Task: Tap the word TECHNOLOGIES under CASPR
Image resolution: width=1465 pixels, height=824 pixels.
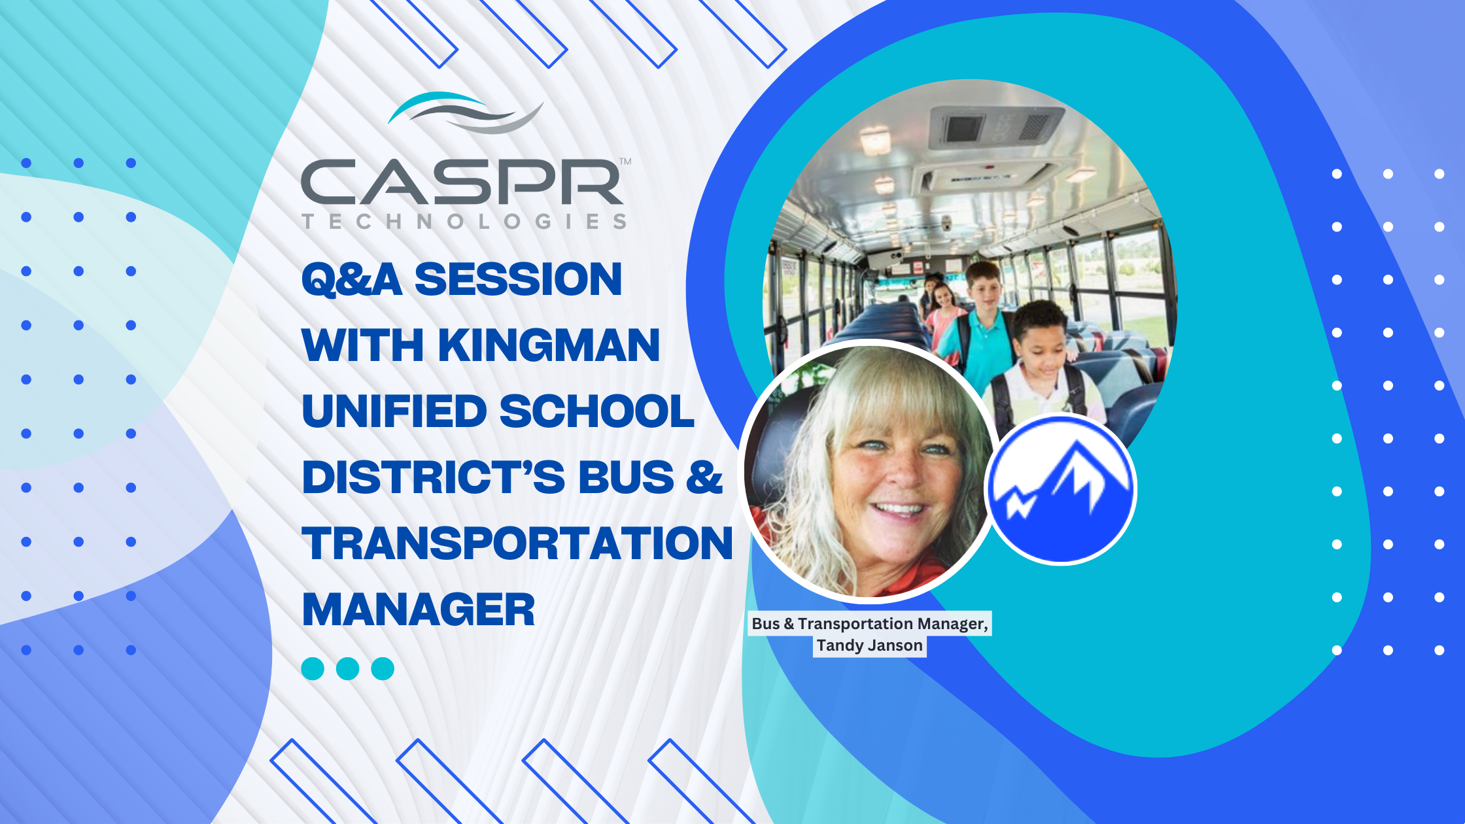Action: click(x=464, y=222)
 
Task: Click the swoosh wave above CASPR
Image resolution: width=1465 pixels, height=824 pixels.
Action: click(x=466, y=112)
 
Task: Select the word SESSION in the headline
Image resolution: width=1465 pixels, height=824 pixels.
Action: click(x=518, y=279)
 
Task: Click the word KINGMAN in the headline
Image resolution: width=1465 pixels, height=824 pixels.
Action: click(x=549, y=345)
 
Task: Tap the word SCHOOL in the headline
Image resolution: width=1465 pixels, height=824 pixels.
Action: click(x=596, y=411)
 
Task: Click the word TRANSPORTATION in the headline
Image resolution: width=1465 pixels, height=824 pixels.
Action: click(x=517, y=543)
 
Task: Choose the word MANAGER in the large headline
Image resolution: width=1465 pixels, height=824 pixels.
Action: click(x=419, y=609)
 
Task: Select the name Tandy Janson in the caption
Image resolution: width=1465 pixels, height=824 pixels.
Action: click(x=869, y=645)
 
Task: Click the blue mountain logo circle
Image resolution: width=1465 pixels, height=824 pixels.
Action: click(x=1061, y=489)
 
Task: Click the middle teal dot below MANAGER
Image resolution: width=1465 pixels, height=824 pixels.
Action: click(x=347, y=669)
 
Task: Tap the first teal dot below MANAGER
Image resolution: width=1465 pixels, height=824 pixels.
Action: click(x=313, y=669)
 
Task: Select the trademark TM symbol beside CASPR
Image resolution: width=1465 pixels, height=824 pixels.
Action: click(x=625, y=162)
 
